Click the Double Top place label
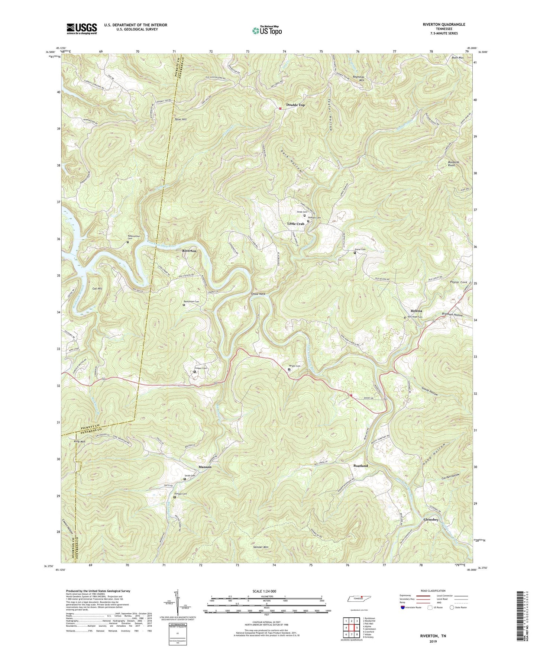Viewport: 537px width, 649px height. pos(295,105)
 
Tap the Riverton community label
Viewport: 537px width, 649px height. pos(189,251)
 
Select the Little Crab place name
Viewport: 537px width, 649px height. pos(296,224)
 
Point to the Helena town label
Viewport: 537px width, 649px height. pos(416,311)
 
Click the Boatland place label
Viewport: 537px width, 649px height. pos(360,466)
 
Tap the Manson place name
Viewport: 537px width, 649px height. pos(205,467)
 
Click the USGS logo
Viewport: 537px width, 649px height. pos(82,29)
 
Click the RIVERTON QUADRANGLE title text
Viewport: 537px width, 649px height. pos(444,25)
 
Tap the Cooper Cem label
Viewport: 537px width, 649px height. pos(201,368)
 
